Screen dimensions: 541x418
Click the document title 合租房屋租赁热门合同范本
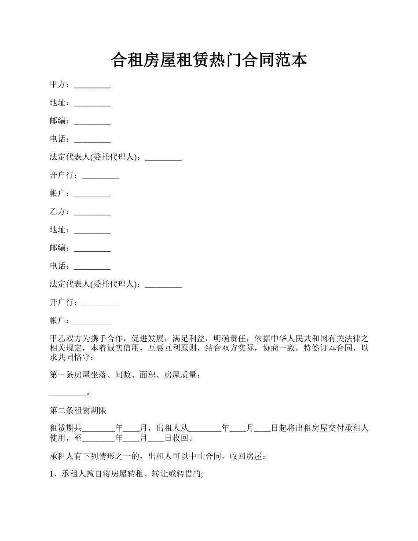tap(209, 60)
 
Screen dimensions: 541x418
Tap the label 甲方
tap(57, 84)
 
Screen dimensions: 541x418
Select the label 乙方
tap(57, 212)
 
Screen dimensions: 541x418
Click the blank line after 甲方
tap(92, 86)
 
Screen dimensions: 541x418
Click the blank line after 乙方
tap(92, 213)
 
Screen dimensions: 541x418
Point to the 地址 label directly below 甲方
tap(57, 102)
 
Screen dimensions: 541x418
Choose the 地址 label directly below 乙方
tap(57, 230)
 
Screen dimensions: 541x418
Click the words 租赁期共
tap(66, 428)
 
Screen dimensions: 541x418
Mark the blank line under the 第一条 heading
tap(67, 395)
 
